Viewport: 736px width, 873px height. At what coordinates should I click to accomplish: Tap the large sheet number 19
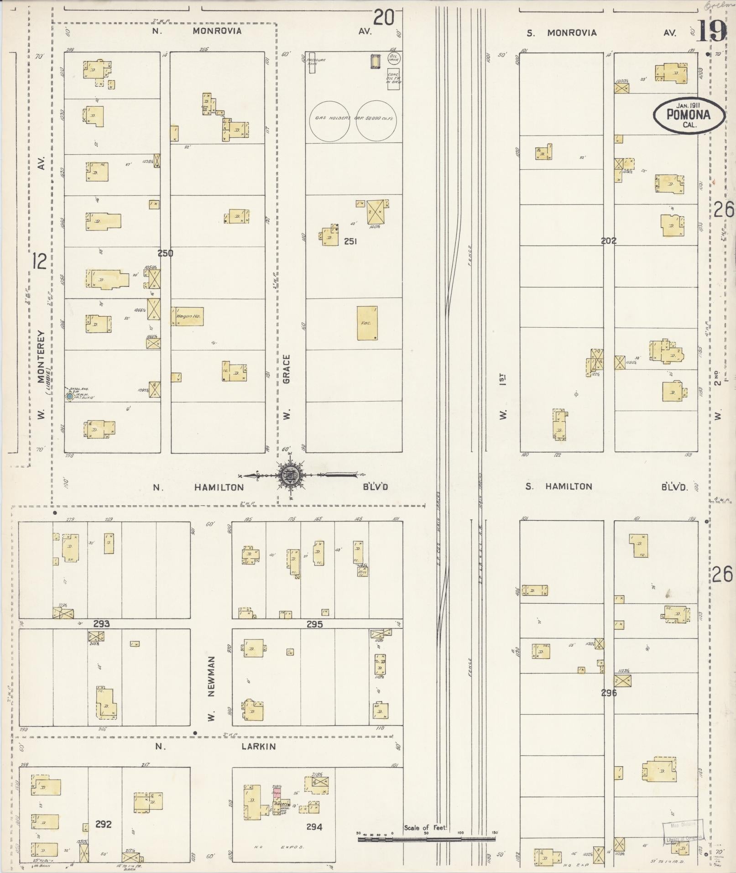pos(712,31)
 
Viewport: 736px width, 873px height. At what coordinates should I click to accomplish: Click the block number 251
pos(350,241)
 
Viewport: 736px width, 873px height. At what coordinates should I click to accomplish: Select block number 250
pos(165,253)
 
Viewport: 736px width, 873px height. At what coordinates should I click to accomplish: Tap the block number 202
pos(609,240)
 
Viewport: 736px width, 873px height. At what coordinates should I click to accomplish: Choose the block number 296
pos(609,692)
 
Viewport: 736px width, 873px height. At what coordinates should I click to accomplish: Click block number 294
pos(314,826)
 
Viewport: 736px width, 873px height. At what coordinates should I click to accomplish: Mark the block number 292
pos(104,824)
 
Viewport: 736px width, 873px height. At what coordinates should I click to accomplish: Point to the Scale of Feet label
pos(425,828)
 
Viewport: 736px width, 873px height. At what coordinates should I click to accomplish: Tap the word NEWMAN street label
pos(211,675)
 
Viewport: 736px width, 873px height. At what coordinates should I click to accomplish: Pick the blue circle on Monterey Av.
pos(69,397)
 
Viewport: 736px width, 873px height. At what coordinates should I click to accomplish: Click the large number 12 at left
pos(40,261)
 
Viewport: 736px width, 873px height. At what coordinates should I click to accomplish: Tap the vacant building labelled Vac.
pos(367,323)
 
